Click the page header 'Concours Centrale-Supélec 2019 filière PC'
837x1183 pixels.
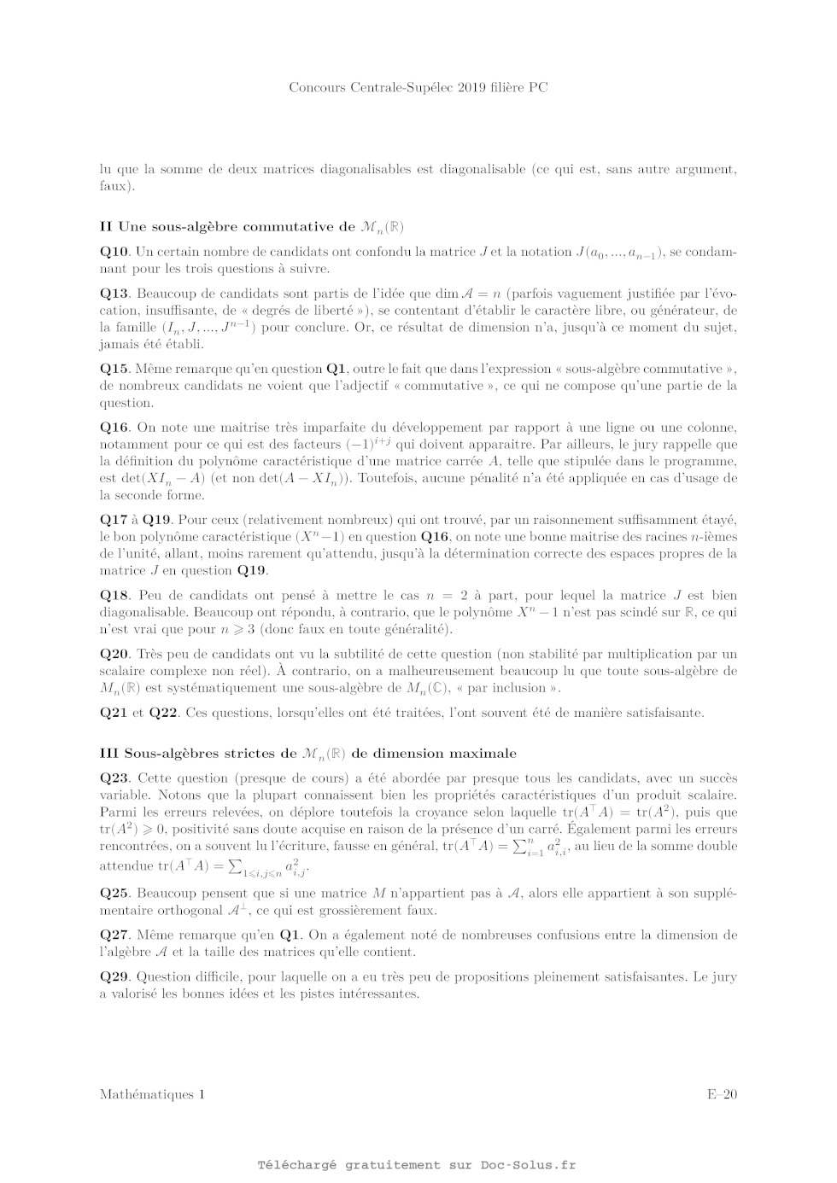[x=418, y=87]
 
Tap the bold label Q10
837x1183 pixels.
[x=114, y=252]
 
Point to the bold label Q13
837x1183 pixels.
[x=114, y=294]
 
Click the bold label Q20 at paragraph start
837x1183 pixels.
[x=114, y=654]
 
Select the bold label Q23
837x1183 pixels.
[x=114, y=778]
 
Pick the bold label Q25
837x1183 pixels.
[x=114, y=894]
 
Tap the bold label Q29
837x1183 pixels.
[x=114, y=977]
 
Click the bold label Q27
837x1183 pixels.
[x=114, y=935]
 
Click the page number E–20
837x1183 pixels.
[x=721, y=1094]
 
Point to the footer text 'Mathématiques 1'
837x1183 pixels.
[x=152, y=1094]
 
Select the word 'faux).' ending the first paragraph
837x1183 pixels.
[x=117, y=186]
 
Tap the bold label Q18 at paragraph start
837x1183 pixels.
[x=114, y=596]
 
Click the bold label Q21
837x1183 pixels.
[x=114, y=713]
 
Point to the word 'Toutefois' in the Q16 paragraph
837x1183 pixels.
[x=385, y=479]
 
